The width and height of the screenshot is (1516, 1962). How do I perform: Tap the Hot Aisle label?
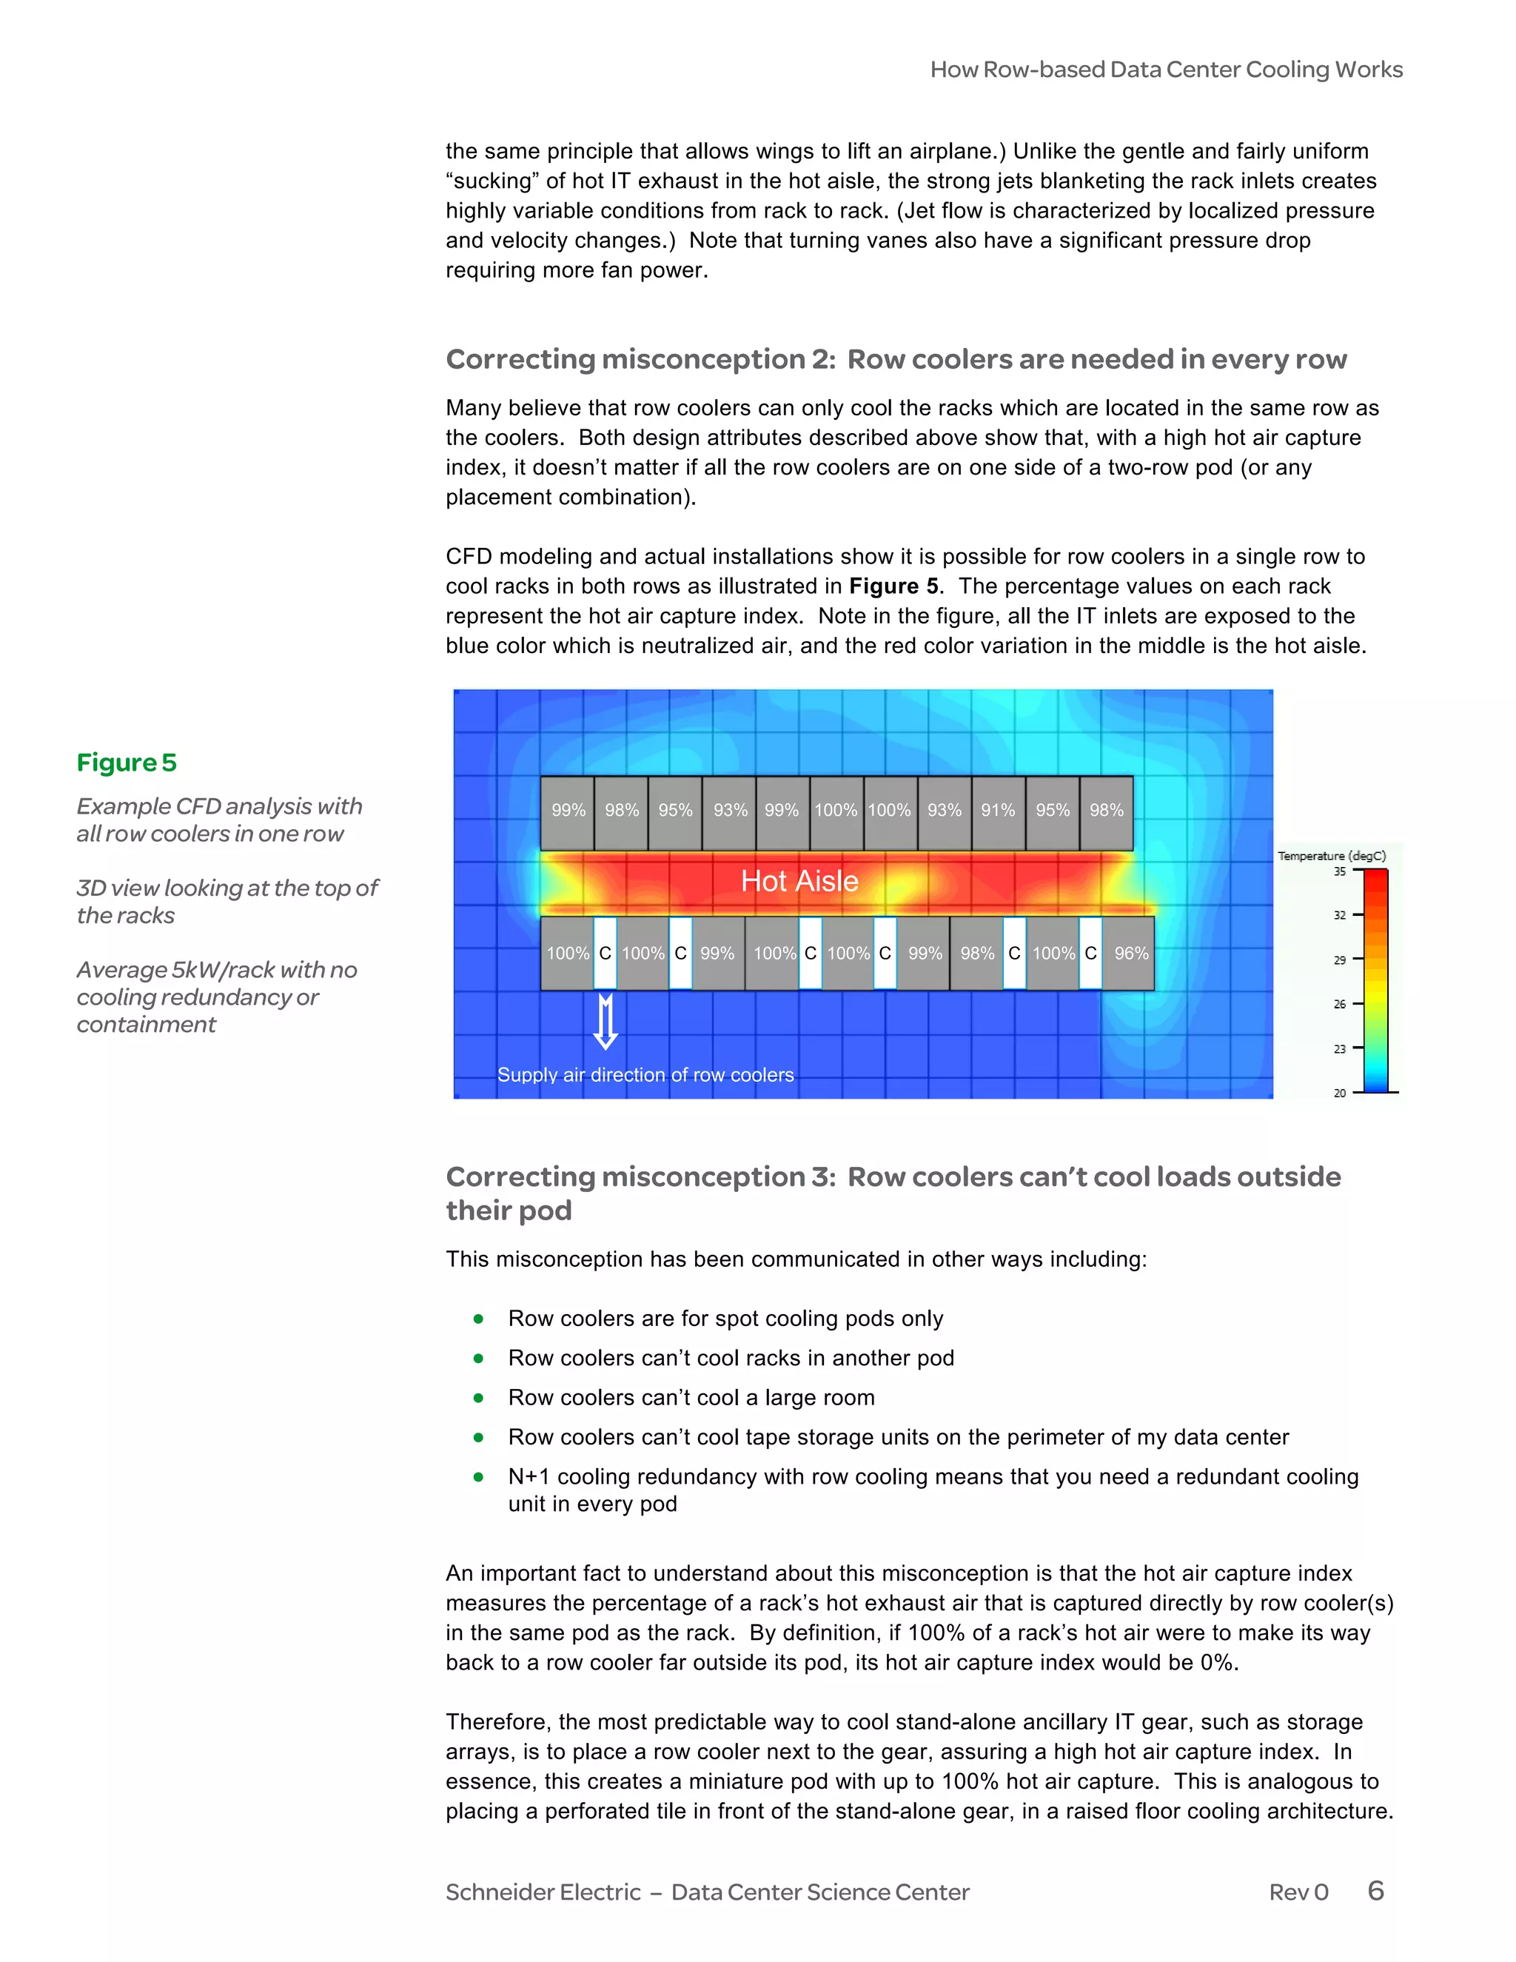click(x=799, y=881)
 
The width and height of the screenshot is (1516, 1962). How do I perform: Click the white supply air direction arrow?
click(x=606, y=1022)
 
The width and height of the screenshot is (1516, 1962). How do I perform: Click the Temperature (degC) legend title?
click(x=1331, y=856)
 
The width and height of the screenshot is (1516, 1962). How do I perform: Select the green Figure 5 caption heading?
click(x=127, y=763)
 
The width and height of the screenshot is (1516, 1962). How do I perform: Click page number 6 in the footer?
click(x=1375, y=1891)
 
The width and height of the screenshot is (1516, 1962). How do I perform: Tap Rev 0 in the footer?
click(x=1298, y=1892)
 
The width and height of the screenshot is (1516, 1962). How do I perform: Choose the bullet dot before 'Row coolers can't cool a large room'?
click(x=479, y=1398)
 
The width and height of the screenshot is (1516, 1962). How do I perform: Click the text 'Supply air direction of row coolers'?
click(x=645, y=1075)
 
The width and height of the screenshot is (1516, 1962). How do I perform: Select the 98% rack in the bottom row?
click(x=977, y=953)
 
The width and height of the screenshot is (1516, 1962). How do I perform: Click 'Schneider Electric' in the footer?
click(x=543, y=1892)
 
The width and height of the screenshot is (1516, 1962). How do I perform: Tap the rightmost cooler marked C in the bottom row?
click(x=1090, y=953)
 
